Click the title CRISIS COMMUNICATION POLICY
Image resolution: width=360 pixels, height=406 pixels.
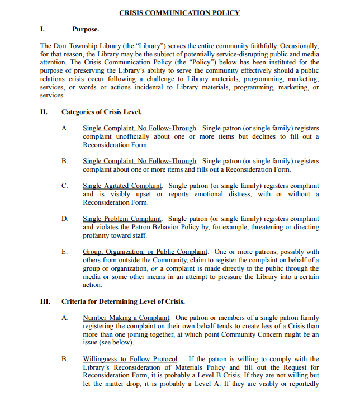tap(179, 12)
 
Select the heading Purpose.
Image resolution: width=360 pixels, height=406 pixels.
tap(86, 29)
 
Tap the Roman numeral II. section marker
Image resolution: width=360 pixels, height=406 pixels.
tap(44, 112)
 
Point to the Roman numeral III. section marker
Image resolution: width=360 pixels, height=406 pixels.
tap(45, 301)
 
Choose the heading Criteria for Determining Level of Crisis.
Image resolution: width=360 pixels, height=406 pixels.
tap(123, 301)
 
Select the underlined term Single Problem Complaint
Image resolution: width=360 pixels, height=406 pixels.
tap(122, 219)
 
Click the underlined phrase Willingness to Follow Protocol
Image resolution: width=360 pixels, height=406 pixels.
tap(130, 359)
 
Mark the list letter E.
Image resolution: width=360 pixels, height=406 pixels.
tap(65, 252)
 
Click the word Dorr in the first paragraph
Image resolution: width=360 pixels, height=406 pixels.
tap(61, 45)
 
